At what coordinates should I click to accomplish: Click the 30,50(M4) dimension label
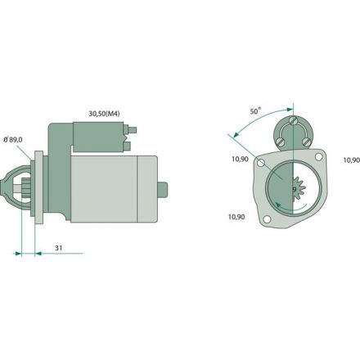[x=106, y=113]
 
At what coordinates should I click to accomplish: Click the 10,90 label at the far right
[x=350, y=160]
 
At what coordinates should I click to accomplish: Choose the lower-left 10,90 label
[x=236, y=217]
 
